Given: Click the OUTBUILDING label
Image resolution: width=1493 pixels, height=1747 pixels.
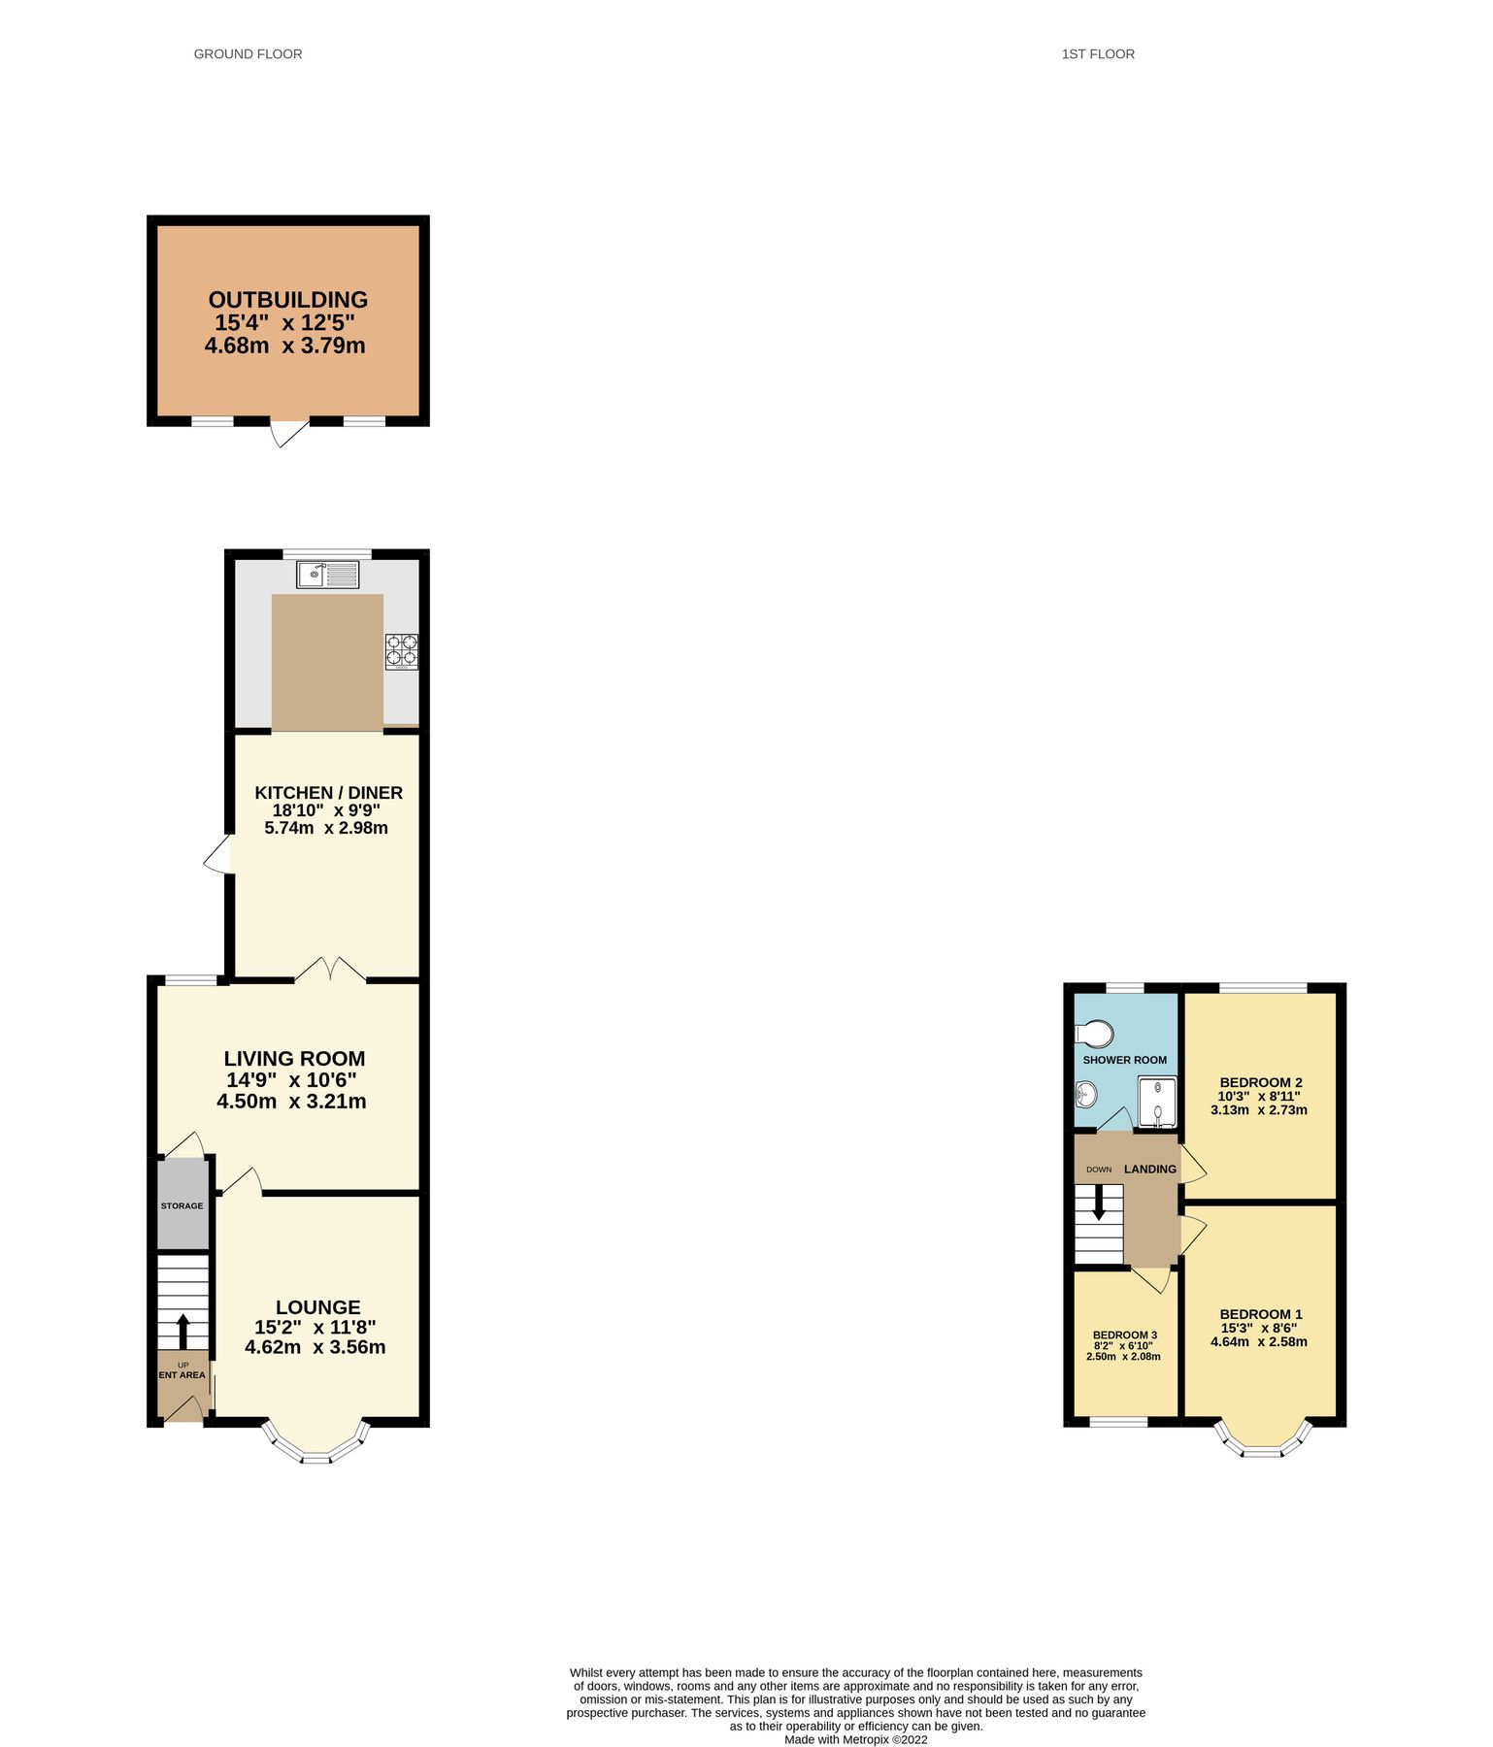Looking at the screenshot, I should coord(288,300).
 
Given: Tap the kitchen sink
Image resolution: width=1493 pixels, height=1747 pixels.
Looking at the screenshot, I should coord(327,575).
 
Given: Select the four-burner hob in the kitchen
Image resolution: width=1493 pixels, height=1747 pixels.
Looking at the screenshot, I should coord(402,650).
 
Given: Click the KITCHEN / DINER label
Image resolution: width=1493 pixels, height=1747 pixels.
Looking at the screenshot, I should coord(328,793).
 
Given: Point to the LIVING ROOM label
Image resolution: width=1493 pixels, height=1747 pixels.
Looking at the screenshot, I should coord(294,1059).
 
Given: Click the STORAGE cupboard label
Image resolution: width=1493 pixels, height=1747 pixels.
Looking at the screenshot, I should coord(182,1205).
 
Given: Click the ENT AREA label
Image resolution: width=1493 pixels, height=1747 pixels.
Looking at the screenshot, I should coord(182,1375).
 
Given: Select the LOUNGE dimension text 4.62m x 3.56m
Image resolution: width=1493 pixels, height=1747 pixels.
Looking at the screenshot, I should coord(315,1347).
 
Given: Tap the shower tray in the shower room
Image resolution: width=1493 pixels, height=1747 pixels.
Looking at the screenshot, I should coord(1157,1102).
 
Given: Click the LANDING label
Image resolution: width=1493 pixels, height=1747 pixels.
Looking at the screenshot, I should coord(1150,1170).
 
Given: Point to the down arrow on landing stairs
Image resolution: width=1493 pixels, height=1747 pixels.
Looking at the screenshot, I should coord(1099,1203).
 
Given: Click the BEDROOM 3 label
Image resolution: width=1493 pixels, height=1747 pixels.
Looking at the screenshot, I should coord(1124,1335).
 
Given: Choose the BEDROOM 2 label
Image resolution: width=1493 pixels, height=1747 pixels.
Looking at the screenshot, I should coord(1261,1082).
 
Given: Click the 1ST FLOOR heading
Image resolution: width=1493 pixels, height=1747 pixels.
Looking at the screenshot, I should coord(1098,54).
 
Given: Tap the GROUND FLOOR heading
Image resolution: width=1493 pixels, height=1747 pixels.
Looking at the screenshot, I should coord(248,54).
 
